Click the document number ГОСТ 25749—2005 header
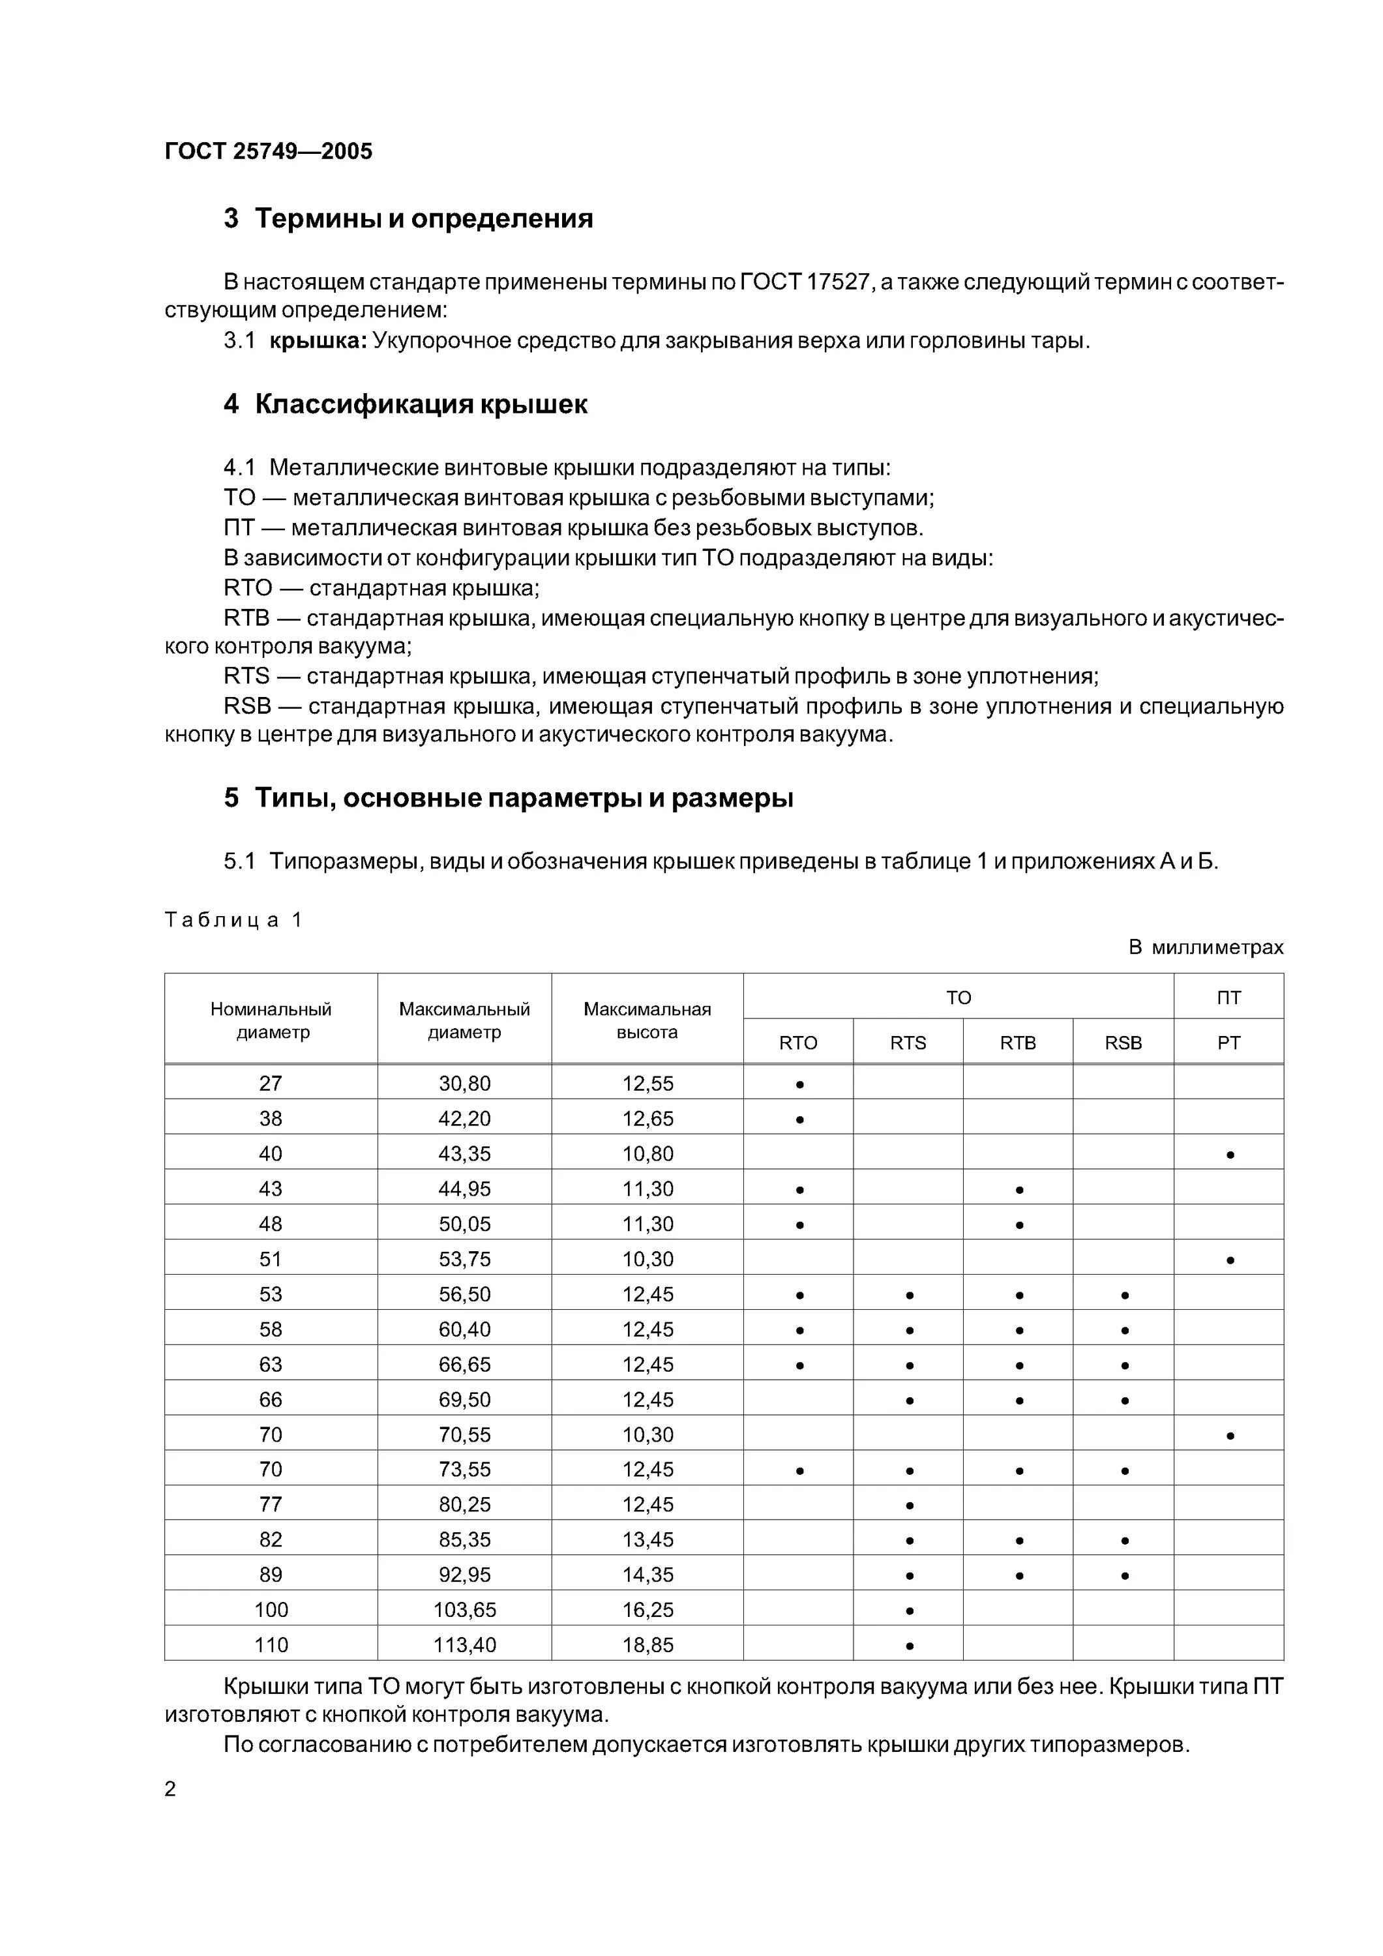pyautogui.click(x=269, y=152)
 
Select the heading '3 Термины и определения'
pyautogui.click(x=408, y=219)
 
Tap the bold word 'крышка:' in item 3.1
pyautogui.click(x=318, y=342)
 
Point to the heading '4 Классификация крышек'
pyautogui.click(x=406, y=404)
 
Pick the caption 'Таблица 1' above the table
pyautogui.click(x=233, y=920)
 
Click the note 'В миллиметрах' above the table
pyautogui.click(x=1206, y=947)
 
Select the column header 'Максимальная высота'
pyautogui.click(x=647, y=1020)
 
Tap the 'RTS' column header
pyautogui.click(x=908, y=1043)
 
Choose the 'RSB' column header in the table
pyautogui.click(x=1123, y=1043)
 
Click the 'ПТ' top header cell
pyautogui.click(x=1228, y=998)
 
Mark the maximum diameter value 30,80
pyautogui.click(x=464, y=1084)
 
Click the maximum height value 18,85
pyautogui.click(x=647, y=1645)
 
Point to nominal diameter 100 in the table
pyautogui.click(x=271, y=1610)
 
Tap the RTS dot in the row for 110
pyautogui.click(x=909, y=1646)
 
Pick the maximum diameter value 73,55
pyautogui.click(x=464, y=1470)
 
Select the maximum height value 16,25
pyautogui.click(x=647, y=1610)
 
